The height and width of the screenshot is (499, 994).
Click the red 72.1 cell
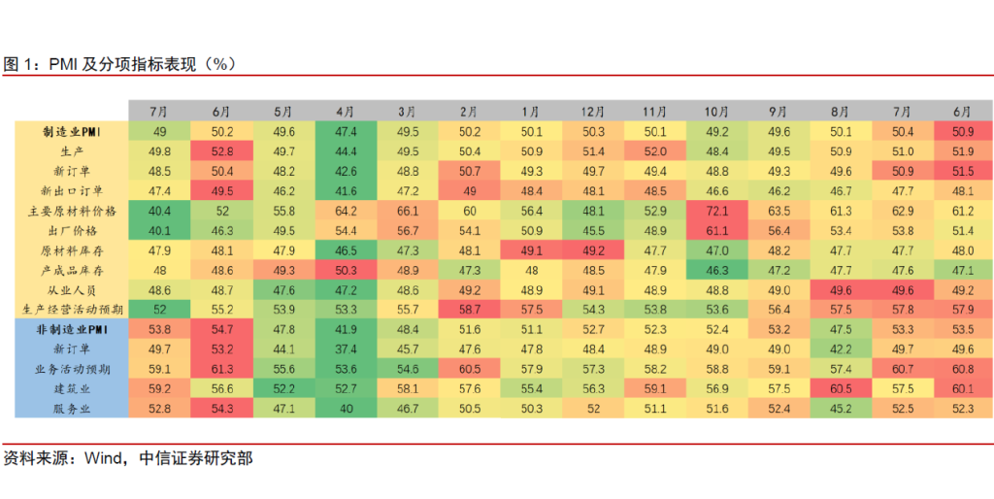tap(716, 211)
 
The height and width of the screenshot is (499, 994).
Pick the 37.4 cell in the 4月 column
tap(346, 349)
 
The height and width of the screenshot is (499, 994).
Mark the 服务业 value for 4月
tap(346, 409)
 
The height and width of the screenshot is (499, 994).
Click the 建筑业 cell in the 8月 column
tap(841, 389)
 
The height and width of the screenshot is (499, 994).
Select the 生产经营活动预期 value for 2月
tap(469, 310)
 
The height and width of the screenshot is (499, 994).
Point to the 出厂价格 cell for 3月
tap(408, 230)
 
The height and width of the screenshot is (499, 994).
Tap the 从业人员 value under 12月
tap(593, 290)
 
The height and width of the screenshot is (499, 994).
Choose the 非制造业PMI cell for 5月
tap(284, 330)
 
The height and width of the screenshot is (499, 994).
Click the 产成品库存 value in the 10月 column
tap(716, 270)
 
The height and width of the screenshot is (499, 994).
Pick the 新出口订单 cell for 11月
tap(654, 191)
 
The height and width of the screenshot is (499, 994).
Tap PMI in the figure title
tap(64, 64)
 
